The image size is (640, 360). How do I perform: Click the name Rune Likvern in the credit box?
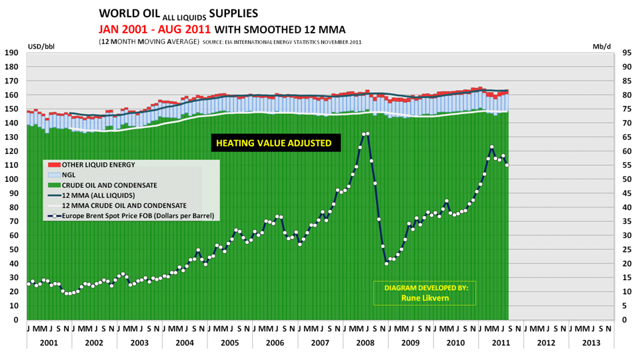[425, 298]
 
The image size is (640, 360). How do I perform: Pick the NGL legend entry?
[69, 175]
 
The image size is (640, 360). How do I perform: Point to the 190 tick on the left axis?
[11, 53]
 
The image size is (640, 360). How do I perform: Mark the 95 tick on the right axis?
[627, 53]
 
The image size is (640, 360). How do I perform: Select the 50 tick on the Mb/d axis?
[627, 179]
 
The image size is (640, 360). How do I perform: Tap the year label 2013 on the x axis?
[591, 343]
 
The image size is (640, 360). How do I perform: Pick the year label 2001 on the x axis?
[48, 343]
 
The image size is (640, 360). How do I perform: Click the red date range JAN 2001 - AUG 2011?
[155, 29]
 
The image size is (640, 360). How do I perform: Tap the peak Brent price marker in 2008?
[367, 134]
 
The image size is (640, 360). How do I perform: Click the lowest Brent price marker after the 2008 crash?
[387, 263]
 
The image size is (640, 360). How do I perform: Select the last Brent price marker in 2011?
[507, 165]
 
